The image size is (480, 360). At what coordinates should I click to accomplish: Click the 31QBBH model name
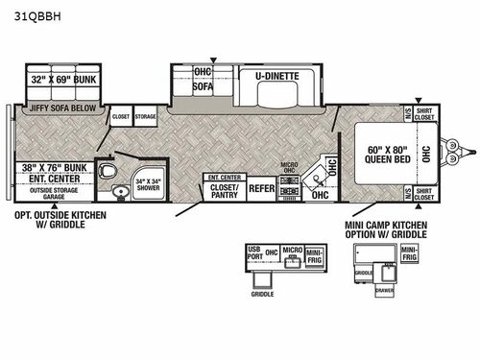(36, 15)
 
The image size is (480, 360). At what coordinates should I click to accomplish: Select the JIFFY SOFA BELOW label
(57, 108)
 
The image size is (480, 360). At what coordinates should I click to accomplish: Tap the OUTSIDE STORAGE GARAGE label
(55, 195)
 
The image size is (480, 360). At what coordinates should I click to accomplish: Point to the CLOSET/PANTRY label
(224, 190)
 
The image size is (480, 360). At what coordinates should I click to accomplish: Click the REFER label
(261, 189)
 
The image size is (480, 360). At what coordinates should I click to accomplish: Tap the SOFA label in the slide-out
(203, 84)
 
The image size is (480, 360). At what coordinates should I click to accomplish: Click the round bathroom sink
(121, 190)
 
